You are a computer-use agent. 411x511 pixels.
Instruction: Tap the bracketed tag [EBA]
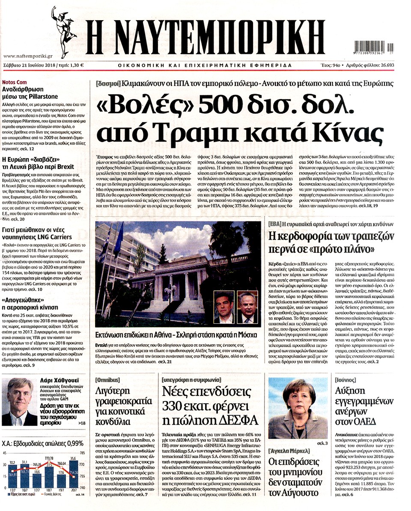point(274,224)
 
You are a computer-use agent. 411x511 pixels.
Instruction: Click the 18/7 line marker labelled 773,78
point(48,461)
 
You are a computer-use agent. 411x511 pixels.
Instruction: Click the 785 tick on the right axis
point(82,453)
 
